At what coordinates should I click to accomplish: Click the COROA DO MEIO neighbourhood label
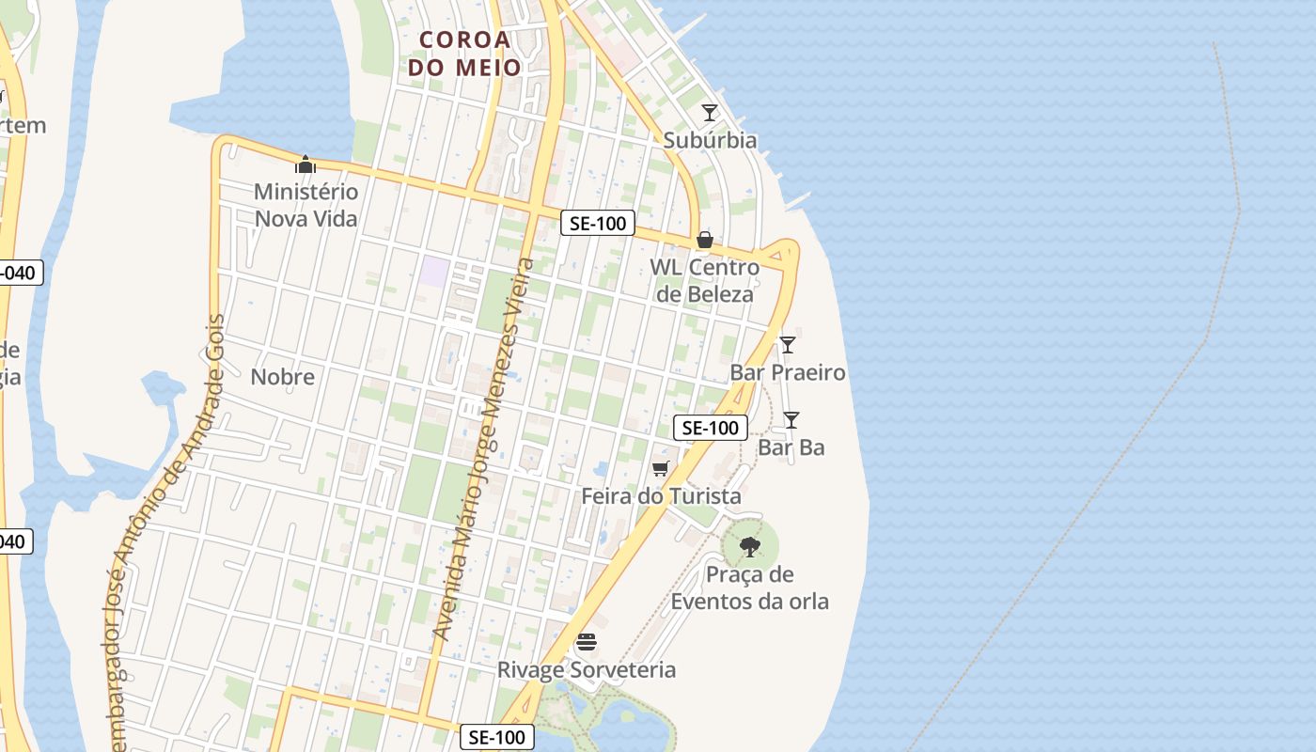tap(464, 54)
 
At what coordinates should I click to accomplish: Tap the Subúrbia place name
tap(710, 140)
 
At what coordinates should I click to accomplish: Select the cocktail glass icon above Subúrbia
tap(710, 113)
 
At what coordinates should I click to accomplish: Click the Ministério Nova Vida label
tap(305, 205)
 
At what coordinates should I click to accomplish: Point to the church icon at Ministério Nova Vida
tap(305, 165)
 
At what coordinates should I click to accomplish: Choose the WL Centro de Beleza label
tap(704, 280)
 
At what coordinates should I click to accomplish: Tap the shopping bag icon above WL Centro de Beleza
tap(704, 241)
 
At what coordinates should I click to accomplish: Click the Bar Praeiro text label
tap(788, 372)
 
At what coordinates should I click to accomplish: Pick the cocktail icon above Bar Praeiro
tap(788, 345)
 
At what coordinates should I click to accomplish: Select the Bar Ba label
tap(791, 447)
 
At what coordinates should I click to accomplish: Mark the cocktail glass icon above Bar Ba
tap(791, 420)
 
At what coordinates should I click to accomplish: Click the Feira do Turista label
tap(661, 495)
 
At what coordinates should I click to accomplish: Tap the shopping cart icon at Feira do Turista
tap(661, 468)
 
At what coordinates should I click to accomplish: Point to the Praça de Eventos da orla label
tap(750, 587)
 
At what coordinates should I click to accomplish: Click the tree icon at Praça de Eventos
tap(750, 546)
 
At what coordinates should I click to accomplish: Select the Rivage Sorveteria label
tap(587, 669)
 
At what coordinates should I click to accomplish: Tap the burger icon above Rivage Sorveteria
tap(587, 642)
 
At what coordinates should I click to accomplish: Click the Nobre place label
tap(283, 377)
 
